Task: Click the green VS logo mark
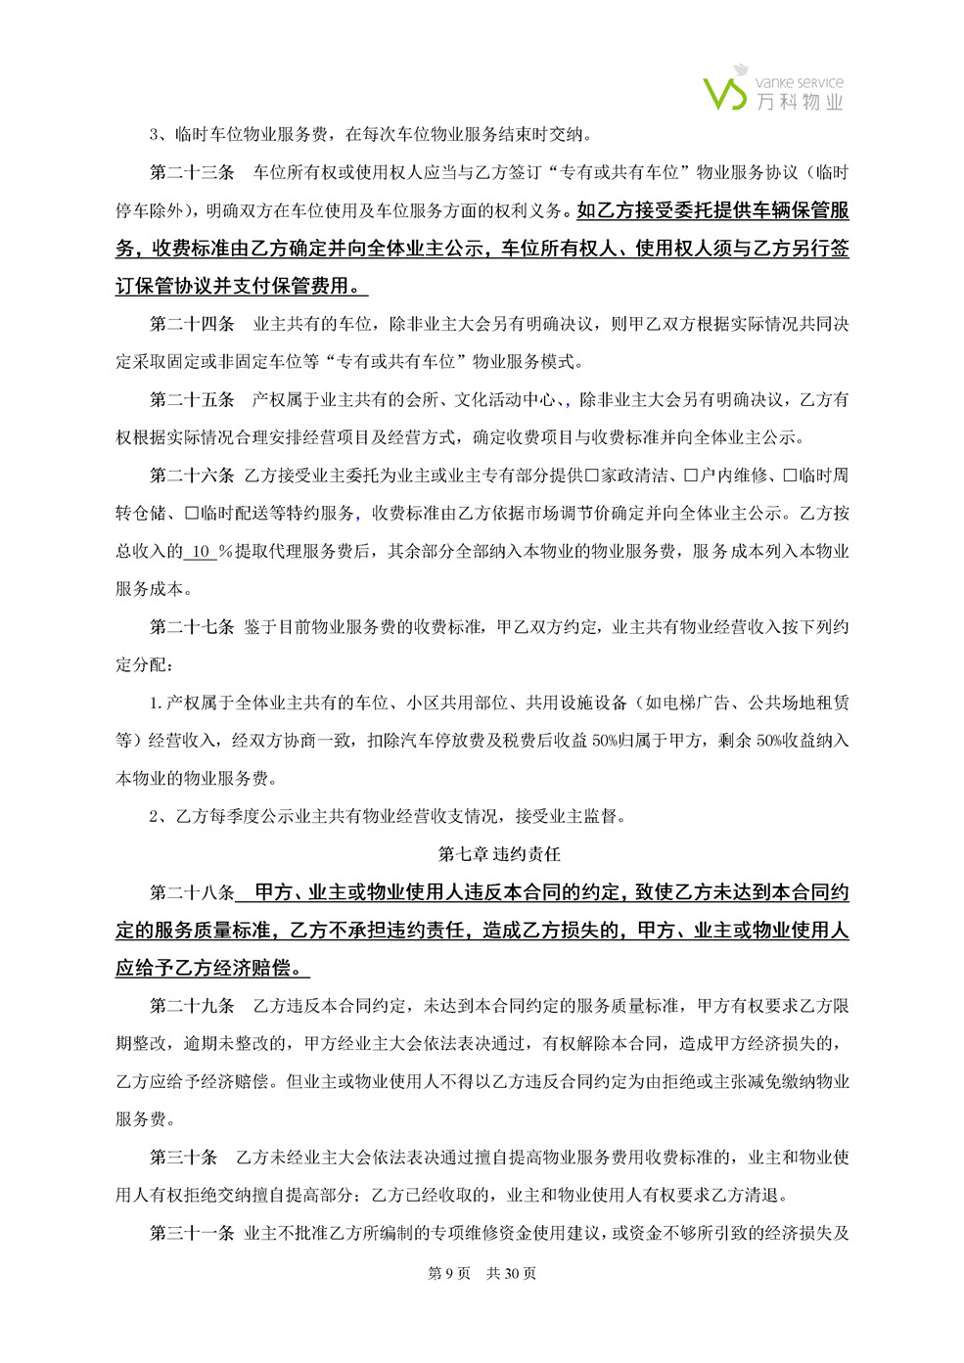coord(726,88)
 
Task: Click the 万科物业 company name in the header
coord(800,101)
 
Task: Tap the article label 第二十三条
coord(192,172)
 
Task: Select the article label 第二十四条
coord(192,324)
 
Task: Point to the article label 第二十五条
coord(192,399)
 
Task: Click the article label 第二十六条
coord(192,476)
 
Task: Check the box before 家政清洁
coord(591,476)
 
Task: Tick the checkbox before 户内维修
coord(691,476)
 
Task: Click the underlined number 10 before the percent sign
coord(200,552)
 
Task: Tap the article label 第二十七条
coord(192,627)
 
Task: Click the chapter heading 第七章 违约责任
coord(499,854)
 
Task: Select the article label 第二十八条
coord(192,892)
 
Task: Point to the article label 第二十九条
coord(192,1006)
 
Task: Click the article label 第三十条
coord(183,1158)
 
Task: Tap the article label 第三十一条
coord(192,1233)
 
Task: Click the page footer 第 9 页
coord(449,1273)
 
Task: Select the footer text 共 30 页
coord(511,1273)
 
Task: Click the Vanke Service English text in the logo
coord(800,83)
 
